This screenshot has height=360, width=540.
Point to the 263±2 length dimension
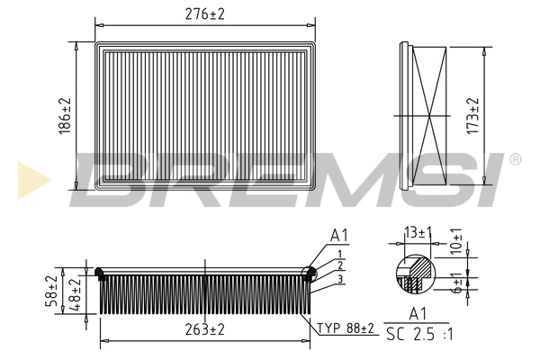[x=206, y=329]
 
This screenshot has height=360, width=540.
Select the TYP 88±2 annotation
[x=346, y=329]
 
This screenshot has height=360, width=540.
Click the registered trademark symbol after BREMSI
[x=515, y=159]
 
